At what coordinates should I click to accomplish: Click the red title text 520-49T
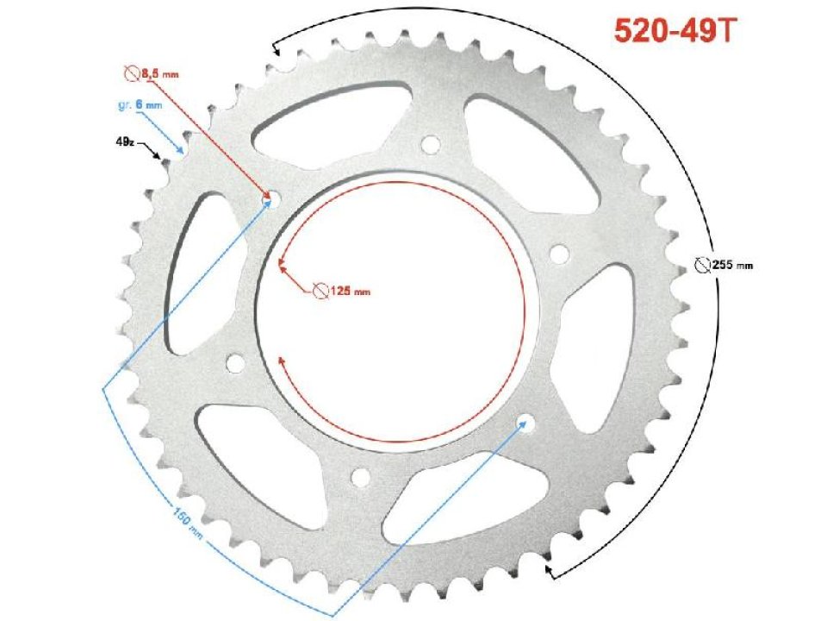(x=675, y=30)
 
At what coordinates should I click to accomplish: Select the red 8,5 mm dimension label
(x=160, y=77)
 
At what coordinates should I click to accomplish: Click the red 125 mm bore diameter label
(x=349, y=292)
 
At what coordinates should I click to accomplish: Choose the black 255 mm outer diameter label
(x=731, y=265)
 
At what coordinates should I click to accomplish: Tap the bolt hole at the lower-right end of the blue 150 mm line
(x=525, y=423)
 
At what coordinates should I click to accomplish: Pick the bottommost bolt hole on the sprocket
(x=360, y=476)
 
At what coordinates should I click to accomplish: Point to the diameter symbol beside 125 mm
(x=320, y=292)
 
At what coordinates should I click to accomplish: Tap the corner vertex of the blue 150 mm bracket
(x=103, y=387)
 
